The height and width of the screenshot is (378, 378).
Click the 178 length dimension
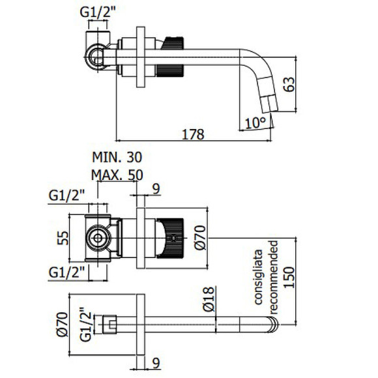point(193,134)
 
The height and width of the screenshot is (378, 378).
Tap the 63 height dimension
point(289,84)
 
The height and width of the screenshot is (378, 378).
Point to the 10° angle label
point(255,123)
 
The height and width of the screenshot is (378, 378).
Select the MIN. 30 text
point(117,157)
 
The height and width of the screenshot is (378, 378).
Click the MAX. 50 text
point(117,175)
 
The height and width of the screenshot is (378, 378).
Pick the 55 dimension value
point(63,238)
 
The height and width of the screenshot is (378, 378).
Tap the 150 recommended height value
point(289,277)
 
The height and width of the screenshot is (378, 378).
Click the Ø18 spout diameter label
point(209,299)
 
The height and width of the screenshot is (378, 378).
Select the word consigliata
point(258,277)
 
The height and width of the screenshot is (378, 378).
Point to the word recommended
point(274,277)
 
